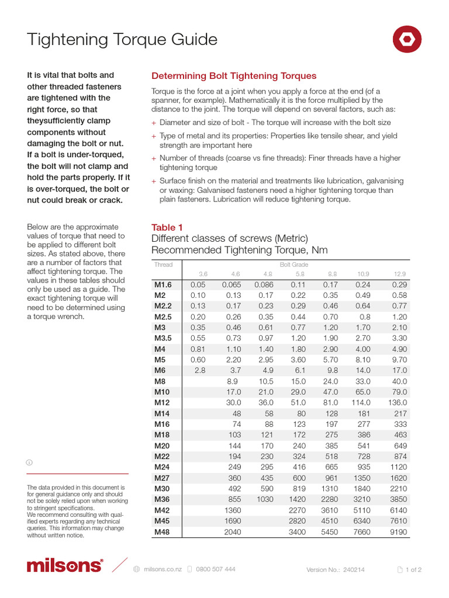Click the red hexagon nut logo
[406, 40]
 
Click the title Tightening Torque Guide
[122, 40]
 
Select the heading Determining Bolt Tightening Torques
[234, 76]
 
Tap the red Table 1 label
[167, 227]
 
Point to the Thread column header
[163, 265]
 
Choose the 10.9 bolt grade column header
[363, 274]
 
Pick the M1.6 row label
[164, 284]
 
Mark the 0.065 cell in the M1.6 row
[231, 284]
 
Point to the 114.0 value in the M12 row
[360, 402]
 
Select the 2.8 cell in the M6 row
[199, 370]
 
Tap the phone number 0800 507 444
[216, 569]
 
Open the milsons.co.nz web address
[163, 569]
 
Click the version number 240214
[354, 570]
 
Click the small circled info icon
[29, 462]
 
